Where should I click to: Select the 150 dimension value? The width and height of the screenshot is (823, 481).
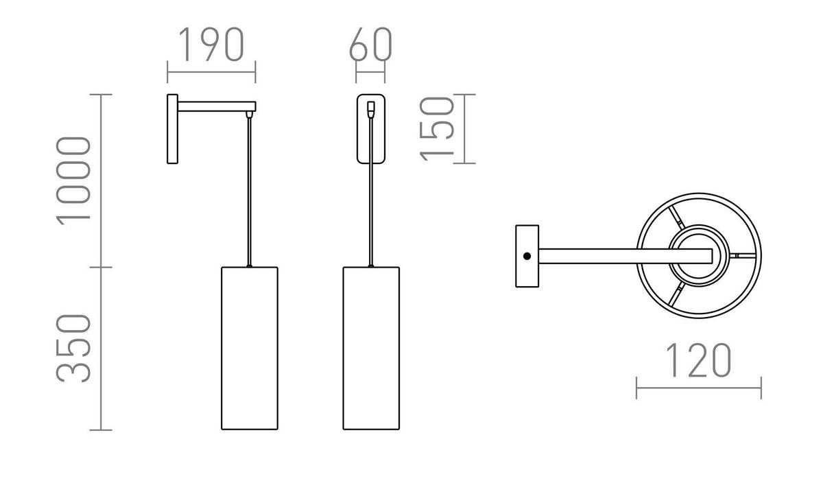(x=437, y=128)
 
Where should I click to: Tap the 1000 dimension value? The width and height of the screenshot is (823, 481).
(x=74, y=180)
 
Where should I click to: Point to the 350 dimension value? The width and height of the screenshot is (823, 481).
(x=74, y=348)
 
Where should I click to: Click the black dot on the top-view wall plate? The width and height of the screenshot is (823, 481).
(x=527, y=256)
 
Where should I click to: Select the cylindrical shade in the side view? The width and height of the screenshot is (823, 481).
(x=250, y=348)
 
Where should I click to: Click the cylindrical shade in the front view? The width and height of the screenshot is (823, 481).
(x=370, y=348)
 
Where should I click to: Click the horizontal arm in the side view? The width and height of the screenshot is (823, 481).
(x=216, y=106)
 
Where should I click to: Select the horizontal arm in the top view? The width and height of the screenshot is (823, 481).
(x=617, y=256)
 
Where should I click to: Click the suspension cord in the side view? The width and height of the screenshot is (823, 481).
(x=250, y=192)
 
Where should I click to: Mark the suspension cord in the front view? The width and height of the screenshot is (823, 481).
(x=371, y=206)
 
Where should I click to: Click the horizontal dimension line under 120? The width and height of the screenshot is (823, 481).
(x=698, y=388)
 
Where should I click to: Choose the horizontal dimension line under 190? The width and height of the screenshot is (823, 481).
(x=211, y=71)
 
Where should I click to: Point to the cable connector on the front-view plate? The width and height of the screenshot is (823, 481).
(x=371, y=108)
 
